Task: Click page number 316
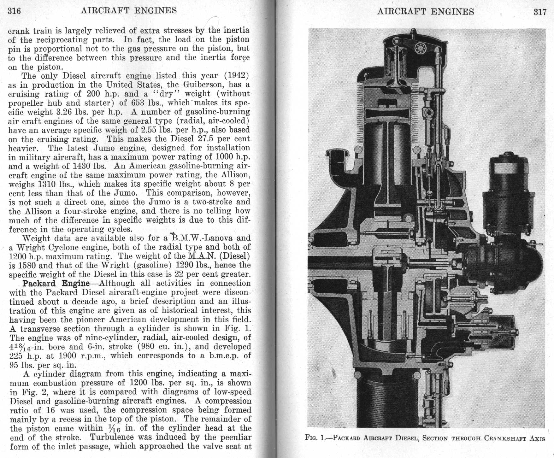[14, 11]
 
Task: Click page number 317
[540, 12]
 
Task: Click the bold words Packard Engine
[56, 283]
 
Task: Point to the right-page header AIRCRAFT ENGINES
[426, 12]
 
